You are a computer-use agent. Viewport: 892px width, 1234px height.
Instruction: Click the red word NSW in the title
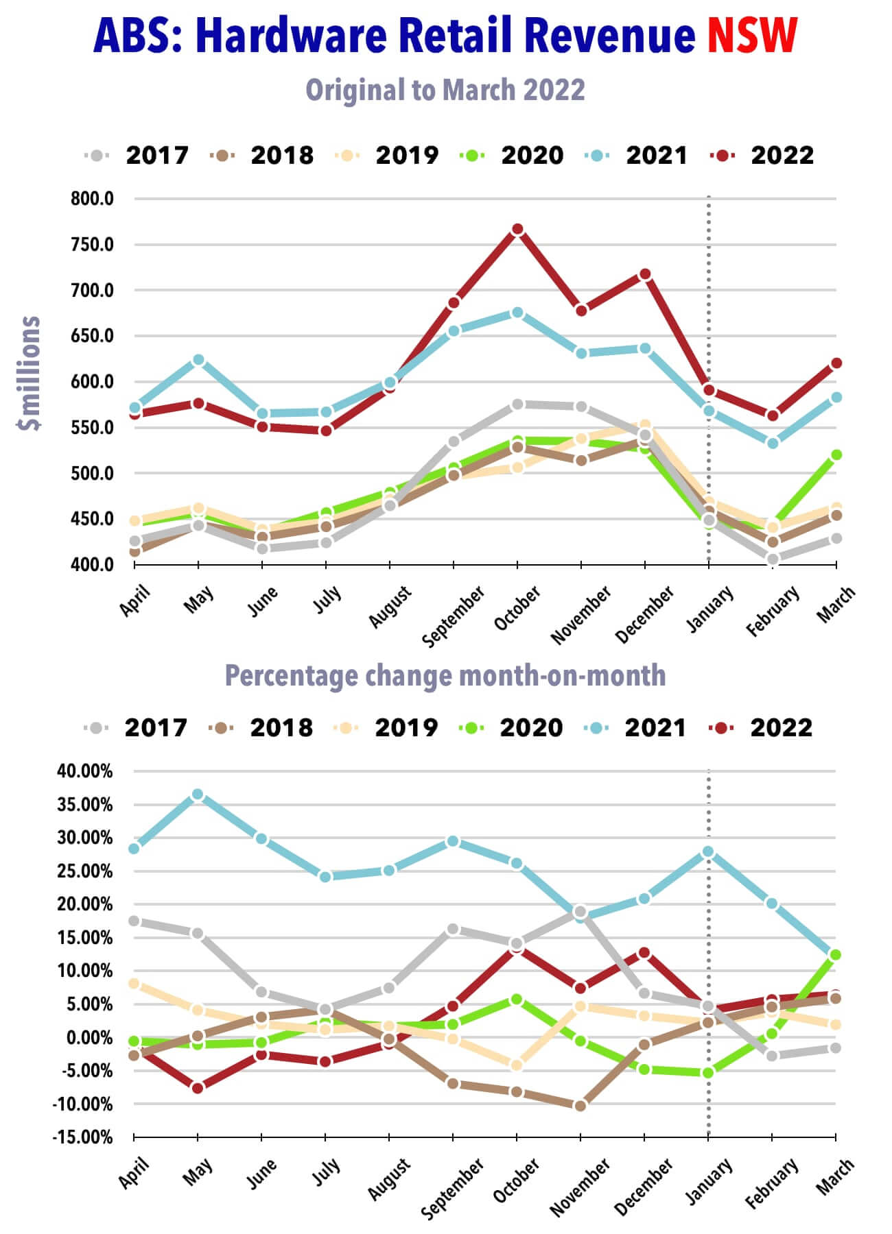pos(753,36)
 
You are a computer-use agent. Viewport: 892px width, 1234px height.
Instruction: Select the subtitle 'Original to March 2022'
pos(445,90)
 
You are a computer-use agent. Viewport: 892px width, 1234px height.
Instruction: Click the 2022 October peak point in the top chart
pos(517,230)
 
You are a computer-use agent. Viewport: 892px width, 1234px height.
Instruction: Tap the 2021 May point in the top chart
pos(198,360)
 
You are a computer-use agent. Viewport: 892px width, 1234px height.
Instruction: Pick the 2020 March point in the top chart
pos(836,455)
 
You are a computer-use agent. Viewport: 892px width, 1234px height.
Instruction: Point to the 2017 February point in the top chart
pos(773,559)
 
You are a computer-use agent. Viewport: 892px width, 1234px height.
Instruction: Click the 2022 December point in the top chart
pos(645,274)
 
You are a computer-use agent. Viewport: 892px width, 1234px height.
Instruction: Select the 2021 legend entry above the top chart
pos(636,156)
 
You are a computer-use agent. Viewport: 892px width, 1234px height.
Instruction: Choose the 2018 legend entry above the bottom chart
pos(261,728)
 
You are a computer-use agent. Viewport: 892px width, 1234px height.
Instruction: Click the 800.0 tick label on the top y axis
pos(92,199)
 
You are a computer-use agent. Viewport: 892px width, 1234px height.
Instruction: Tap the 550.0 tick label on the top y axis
pos(92,428)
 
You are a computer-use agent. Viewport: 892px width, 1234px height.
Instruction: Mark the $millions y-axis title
pos(30,373)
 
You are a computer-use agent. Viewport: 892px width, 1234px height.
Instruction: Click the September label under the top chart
pos(454,616)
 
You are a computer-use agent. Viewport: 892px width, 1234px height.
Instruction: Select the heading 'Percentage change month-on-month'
pos(445,676)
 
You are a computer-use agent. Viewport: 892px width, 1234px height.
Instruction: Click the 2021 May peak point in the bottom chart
pos(198,795)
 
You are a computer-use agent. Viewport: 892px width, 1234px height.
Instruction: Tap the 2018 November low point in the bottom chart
pos(580,1106)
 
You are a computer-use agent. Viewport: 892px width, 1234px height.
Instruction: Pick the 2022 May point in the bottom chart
pos(198,1088)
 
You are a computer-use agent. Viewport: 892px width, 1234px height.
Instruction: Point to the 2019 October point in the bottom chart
pos(517,1065)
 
